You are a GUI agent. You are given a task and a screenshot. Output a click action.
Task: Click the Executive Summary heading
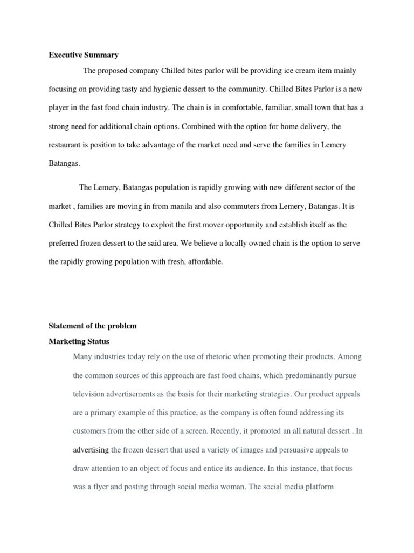[84, 55]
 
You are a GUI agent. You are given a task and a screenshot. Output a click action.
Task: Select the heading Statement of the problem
[93, 326]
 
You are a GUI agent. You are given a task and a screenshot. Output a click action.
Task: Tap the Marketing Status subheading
[79, 341]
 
